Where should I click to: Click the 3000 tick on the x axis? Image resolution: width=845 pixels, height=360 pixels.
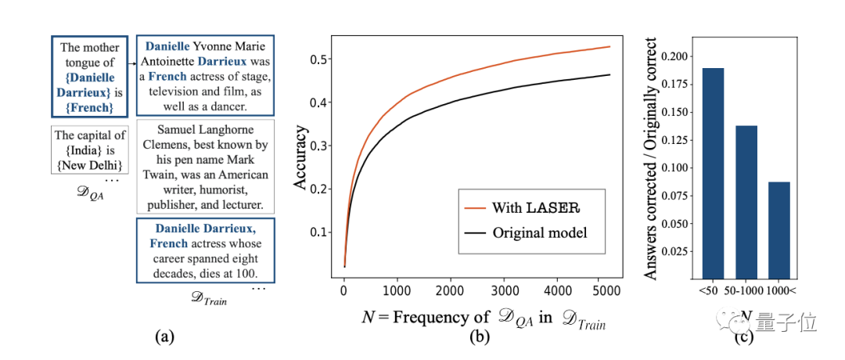click(502, 290)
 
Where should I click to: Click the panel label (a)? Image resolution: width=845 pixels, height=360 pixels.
click(164, 337)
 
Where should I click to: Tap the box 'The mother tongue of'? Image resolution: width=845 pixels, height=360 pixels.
click(90, 77)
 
